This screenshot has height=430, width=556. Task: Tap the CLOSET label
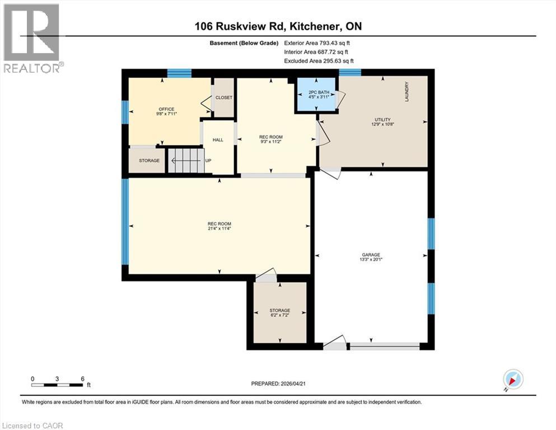coord(224,97)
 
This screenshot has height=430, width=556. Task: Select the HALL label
coord(218,140)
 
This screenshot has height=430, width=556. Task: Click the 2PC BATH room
coord(316,94)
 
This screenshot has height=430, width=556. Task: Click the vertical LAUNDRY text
coord(408,91)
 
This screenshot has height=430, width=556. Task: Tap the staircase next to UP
coord(185,161)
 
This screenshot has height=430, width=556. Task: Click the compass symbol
coord(513,380)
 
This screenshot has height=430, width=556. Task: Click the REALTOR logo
coord(32,38)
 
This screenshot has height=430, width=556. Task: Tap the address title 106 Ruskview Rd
coord(278,26)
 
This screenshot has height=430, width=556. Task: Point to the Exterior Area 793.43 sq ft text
coord(318,43)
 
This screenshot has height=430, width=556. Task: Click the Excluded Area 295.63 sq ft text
coord(319,61)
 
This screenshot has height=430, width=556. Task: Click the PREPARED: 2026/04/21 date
coord(278,384)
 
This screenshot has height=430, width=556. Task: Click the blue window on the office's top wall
coord(179,73)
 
